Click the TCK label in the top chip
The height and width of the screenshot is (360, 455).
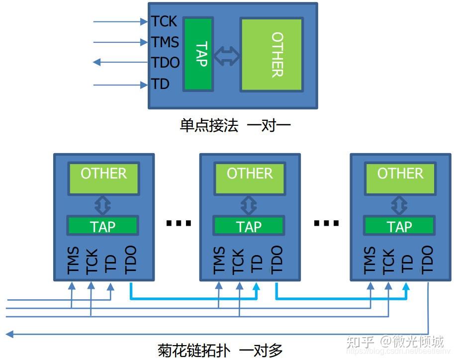164,21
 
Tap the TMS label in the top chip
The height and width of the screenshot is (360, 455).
165,42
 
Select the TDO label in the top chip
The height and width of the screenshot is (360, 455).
166,63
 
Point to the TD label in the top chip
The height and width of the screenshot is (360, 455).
161,85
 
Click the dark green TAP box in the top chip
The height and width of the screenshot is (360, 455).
198,54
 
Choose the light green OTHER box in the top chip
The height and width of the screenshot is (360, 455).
272,55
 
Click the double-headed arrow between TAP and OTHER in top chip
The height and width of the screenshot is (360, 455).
227,56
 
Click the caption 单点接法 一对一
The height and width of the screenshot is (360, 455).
235,125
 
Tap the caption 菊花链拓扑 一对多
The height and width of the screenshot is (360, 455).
220,350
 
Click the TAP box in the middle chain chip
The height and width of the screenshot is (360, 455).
249,226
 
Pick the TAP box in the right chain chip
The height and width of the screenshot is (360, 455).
399,226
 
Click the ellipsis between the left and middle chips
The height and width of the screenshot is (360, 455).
179,223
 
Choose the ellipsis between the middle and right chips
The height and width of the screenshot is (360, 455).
326,223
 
